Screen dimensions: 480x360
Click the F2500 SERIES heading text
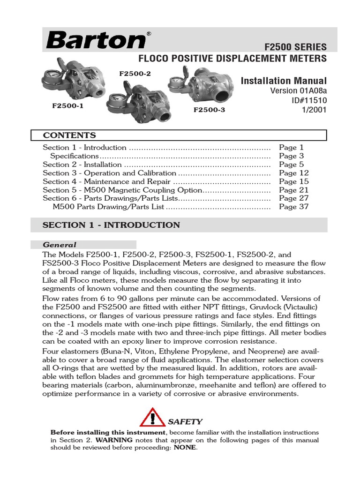click(x=295, y=47)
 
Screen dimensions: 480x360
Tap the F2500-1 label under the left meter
click(x=67, y=106)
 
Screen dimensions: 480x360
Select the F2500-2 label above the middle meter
click(x=135, y=74)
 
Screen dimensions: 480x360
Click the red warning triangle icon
click(x=152, y=417)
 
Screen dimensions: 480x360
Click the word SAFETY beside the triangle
click(x=185, y=421)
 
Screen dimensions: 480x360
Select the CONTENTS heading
click(x=69, y=135)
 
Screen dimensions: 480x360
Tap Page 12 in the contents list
click(x=294, y=173)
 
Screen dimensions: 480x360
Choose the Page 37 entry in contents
click(x=294, y=207)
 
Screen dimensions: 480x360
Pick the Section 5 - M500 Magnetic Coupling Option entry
click(x=122, y=190)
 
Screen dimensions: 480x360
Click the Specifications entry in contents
click(x=74, y=156)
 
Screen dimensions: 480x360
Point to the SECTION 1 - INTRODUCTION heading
click(x=111, y=225)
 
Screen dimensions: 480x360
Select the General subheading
click(x=60, y=245)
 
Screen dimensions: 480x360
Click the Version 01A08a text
click(x=299, y=90)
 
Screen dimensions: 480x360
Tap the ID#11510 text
click(x=309, y=100)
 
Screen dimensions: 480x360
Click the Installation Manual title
click(x=284, y=81)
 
